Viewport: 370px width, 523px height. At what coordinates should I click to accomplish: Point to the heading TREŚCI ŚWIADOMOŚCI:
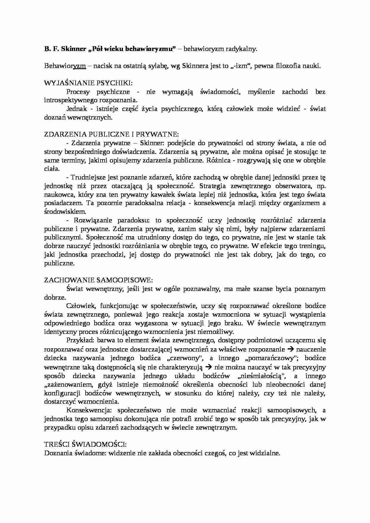pos(85,444)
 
